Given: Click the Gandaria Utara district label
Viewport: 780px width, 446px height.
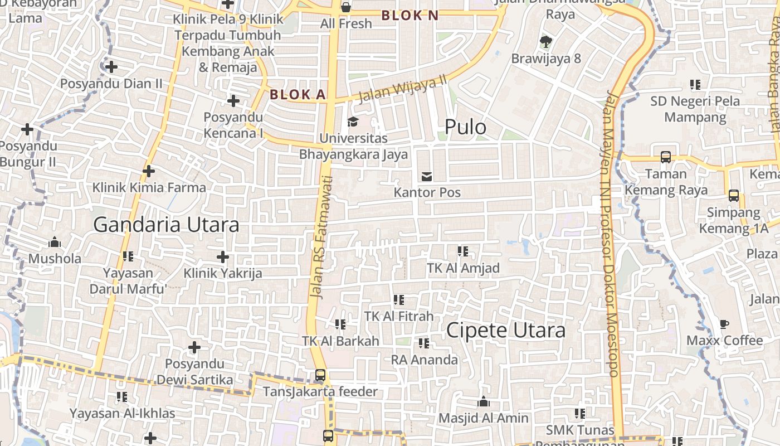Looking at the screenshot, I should (166, 225).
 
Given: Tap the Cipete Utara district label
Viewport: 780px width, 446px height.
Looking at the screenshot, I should (506, 330).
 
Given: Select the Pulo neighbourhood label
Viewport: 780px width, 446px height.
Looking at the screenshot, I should (465, 127).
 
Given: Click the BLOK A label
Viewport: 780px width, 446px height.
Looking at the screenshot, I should (298, 95).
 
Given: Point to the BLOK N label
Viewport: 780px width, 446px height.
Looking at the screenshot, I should (410, 16).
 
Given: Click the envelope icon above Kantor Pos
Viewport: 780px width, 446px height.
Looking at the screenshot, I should (427, 177).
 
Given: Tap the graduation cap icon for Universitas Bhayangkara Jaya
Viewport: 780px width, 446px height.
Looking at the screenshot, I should (352, 122).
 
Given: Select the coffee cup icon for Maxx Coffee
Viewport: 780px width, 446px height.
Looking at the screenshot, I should (724, 324).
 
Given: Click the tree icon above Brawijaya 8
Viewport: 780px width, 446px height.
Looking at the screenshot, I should (546, 41).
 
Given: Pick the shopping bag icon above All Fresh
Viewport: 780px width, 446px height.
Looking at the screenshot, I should (346, 7).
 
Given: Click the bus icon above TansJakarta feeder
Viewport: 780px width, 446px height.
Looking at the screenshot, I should (320, 375).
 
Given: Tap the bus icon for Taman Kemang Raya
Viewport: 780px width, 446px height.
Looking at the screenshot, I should (666, 157).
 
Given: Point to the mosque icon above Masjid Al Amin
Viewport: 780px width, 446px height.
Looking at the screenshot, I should (484, 401).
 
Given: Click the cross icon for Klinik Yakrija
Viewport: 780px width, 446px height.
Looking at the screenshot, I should (223, 257).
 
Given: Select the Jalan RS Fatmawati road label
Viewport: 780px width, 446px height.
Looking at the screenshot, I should (320, 237).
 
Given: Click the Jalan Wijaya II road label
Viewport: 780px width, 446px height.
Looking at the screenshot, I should (403, 87).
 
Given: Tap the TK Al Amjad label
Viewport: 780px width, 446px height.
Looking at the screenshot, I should (463, 268).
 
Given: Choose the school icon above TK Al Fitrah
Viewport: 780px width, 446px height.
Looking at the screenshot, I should (399, 300).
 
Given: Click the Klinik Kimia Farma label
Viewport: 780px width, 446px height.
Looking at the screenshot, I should (149, 187).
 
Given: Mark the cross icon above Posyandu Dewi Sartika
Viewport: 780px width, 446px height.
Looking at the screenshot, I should (194, 348).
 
